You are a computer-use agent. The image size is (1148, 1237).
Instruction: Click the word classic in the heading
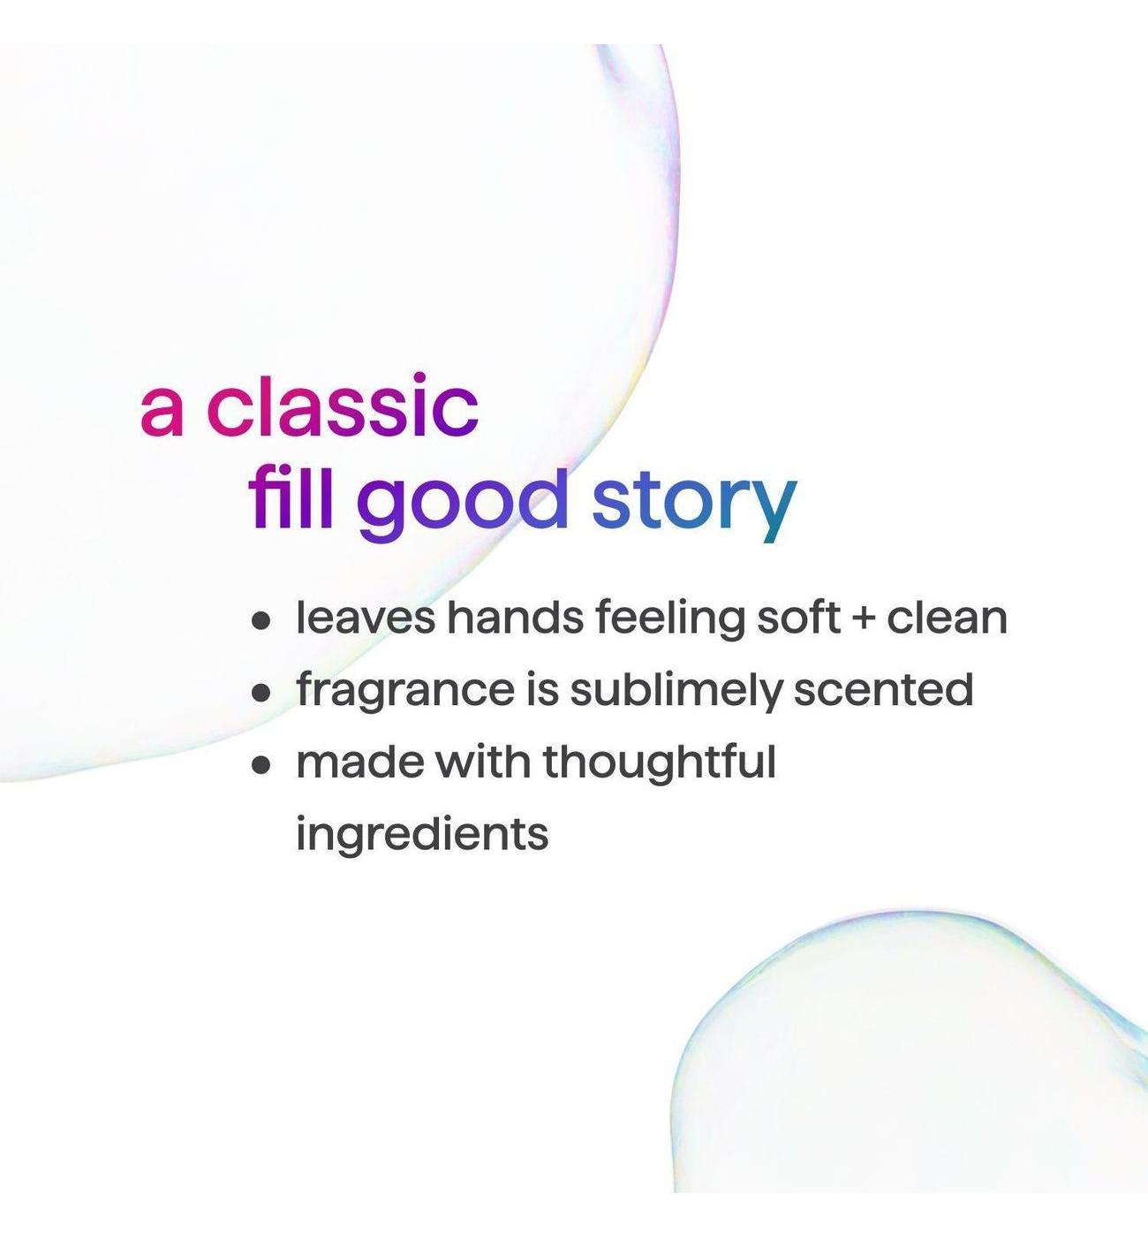pos(343,406)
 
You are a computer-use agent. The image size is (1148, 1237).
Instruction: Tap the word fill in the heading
pos(291,497)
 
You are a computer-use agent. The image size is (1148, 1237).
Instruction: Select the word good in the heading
pos(461,505)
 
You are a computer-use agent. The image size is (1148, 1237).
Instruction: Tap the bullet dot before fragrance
pos(261,692)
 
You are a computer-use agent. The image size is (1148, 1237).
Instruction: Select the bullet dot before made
pos(261,764)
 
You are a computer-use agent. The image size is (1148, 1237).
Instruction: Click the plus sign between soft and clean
pos(863,619)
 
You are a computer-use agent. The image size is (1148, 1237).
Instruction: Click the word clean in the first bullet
pos(947,618)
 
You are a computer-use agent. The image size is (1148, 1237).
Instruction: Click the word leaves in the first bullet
pos(366,618)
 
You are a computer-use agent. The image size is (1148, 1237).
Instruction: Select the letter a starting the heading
pos(162,413)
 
